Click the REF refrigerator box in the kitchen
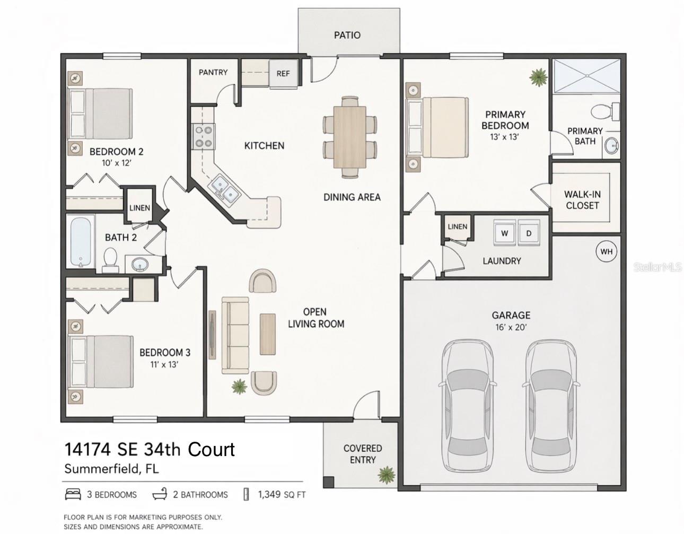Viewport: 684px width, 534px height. [x=283, y=73]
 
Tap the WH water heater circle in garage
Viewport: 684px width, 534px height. [x=606, y=251]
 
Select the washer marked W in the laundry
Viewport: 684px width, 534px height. [x=505, y=233]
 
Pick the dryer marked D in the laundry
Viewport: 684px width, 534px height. [x=528, y=233]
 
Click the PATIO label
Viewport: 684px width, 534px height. [x=347, y=35]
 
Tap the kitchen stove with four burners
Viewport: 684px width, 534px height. [x=204, y=135]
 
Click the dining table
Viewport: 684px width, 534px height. [x=349, y=136]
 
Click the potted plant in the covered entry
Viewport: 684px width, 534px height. [x=387, y=474]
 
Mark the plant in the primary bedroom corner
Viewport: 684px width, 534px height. [x=538, y=77]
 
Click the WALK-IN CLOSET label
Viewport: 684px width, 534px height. [x=582, y=200]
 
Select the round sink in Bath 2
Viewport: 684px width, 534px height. [x=140, y=264]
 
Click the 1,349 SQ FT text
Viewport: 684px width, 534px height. [x=282, y=495]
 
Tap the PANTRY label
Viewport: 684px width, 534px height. [x=213, y=72]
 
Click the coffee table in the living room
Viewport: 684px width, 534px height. [x=267, y=334]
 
